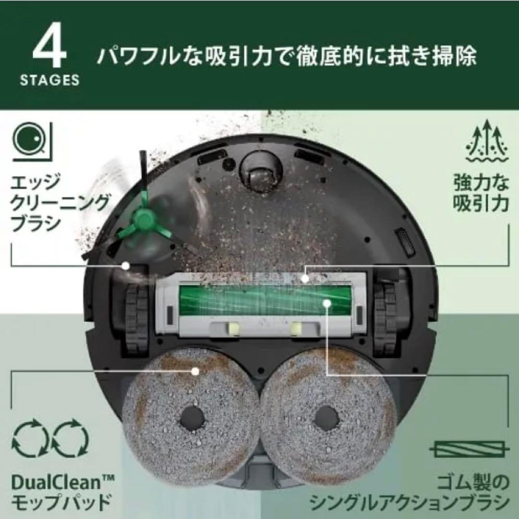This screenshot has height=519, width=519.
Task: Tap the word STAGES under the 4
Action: pyautogui.click(x=49, y=79)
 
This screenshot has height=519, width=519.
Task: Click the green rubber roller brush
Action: pyautogui.click(x=262, y=300)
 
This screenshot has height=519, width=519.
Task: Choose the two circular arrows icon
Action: pyautogui.click(x=50, y=438)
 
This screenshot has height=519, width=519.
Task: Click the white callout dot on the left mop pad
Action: pyautogui.click(x=195, y=371)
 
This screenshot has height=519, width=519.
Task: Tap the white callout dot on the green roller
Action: pyautogui.click(x=327, y=303)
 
